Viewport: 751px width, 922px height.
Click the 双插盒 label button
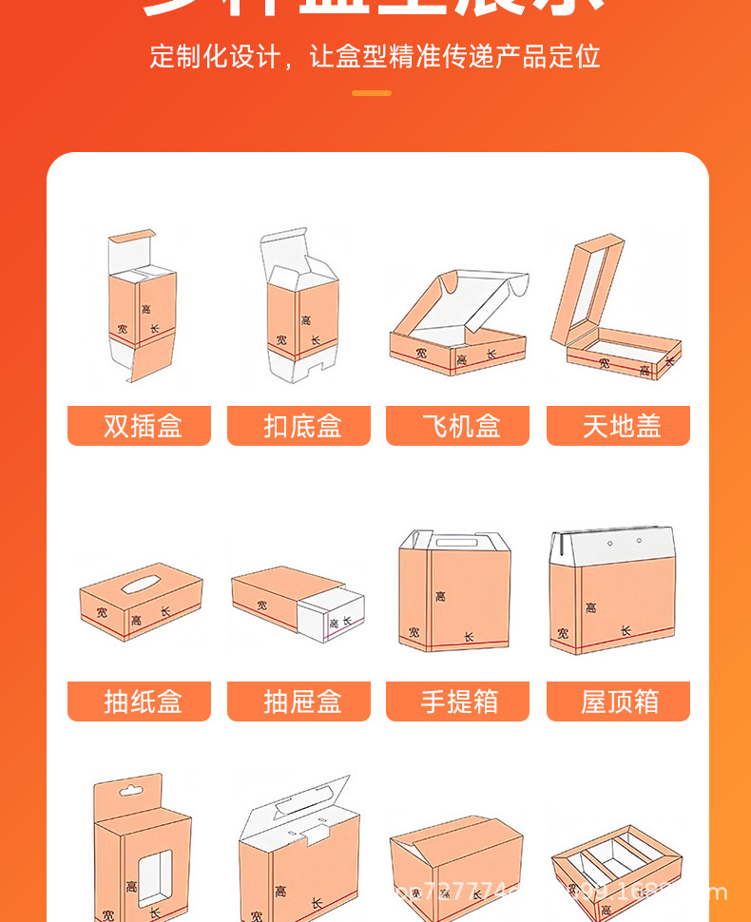pyautogui.click(x=139, y=426)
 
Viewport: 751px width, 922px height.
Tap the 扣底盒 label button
pyautogui.click(x=298, y=426)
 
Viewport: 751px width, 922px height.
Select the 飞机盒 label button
pyautogui.click(x=457, y=426)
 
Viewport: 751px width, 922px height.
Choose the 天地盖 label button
pyautogui.click(x=618, y=426)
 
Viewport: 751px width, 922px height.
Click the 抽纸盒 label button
pyautogui.click(x=139, y=701)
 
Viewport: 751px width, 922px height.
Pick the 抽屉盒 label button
pyautogui.click(x=298, y=701)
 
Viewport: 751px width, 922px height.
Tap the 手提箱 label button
pyautogui.click(x=457, y=701)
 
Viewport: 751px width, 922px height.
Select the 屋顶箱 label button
pyautogui.click(x=618, y=701)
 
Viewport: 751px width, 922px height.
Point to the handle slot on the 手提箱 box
pyautogui.click(x=456, y=543)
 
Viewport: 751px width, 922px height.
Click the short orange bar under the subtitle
pyautogui.click(x=372, y=93)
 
